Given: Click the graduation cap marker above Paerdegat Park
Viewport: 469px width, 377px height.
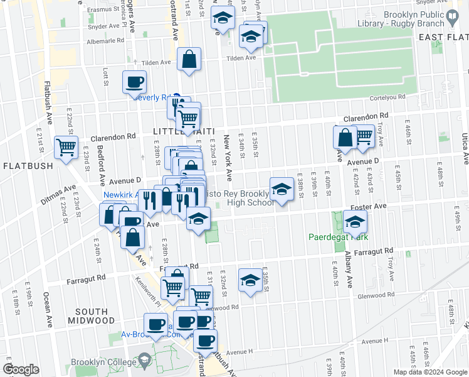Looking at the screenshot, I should pos(355,222).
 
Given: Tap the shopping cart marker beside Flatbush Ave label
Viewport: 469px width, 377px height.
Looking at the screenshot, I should pos(66,148).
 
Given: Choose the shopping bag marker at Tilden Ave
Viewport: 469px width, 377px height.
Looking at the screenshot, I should pos(189,60).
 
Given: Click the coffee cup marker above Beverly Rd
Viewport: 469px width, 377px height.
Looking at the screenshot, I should pos(135,82).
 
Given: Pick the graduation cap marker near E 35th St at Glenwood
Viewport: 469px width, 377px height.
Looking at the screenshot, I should pos(250,280).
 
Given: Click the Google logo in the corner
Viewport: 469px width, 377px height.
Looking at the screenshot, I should pos(21,369).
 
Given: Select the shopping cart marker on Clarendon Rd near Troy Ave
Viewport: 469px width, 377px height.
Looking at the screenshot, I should pos(364,136).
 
